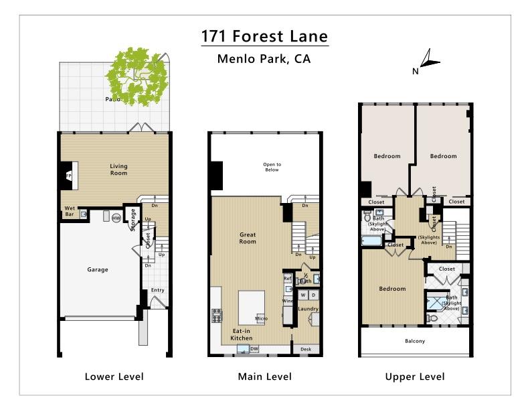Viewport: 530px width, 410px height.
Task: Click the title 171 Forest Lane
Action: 265,36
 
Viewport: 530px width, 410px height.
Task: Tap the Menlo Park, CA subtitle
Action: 264,59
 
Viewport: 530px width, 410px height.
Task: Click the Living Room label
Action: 118,169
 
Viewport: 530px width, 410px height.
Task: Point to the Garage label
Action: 98,270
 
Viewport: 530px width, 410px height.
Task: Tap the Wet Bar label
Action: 69,211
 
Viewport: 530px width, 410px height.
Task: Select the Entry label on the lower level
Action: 157,290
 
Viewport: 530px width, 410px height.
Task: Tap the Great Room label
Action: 248,238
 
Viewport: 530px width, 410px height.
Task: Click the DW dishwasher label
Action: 254,349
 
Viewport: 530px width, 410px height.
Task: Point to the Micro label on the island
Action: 261,318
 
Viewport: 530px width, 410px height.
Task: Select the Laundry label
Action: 308,309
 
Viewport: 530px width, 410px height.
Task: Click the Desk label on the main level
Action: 306,349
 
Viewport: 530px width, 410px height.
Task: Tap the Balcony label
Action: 415,341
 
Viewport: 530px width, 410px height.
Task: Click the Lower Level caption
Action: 114,377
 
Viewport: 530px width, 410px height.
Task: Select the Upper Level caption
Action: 414,377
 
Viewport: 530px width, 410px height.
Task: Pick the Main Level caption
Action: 264,377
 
